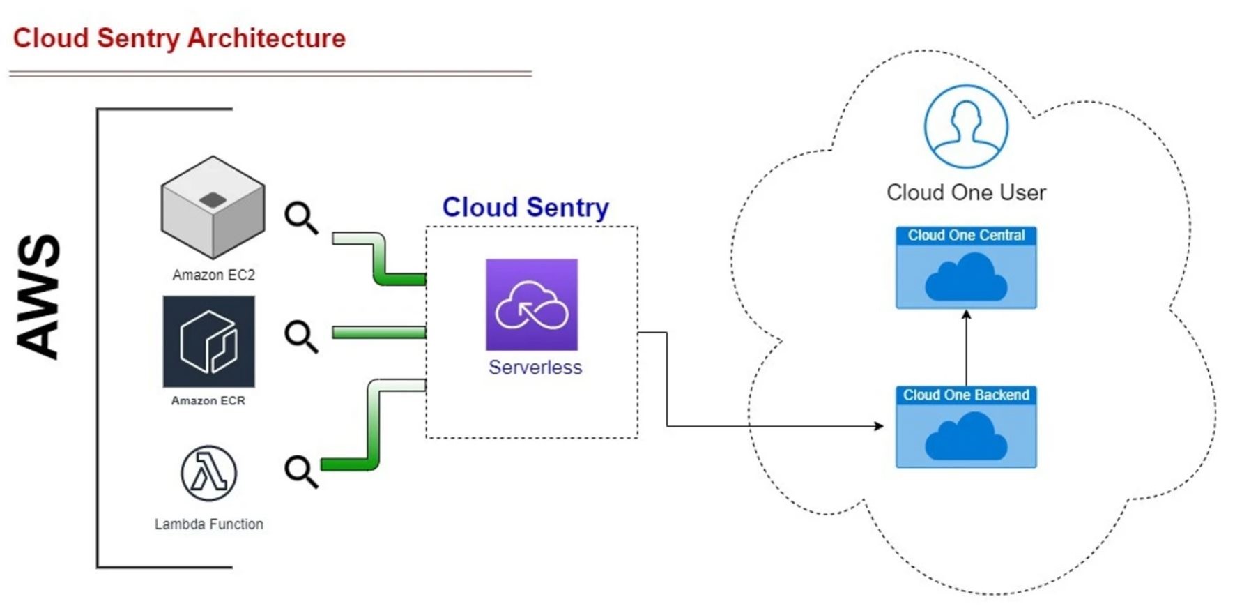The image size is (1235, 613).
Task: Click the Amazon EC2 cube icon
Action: (x=213, y=207)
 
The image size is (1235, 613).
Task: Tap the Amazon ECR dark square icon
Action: (x=208, y=341)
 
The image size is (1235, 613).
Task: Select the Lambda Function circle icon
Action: (x=208, y=474)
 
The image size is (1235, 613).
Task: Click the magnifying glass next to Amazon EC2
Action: (x=301, y=218)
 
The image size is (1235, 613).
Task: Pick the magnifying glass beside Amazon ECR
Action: (x=301, y=337)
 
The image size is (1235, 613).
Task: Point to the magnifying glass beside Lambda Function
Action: (x=301, y=471)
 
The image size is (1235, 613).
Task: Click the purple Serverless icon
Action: (x=532, y=305)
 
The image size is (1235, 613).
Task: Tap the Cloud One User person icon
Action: (x=966, y=126)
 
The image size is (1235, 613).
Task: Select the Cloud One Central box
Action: (x=966, y=267)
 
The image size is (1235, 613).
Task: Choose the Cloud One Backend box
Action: (x=966, y=427)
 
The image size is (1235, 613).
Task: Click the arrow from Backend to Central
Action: (x=966, y=347)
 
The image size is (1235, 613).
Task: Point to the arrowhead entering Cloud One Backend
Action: (x=880, y=426)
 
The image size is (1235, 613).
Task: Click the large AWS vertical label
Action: (x=39, y=297)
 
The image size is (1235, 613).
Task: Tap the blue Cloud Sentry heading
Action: (x=526, y=207)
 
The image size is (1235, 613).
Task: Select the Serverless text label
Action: (x=535, y=368)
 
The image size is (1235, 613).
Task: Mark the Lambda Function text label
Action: (x=209, y=524)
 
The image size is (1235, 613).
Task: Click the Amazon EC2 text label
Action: (x=213, y=275)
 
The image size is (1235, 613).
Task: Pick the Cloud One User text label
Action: (x=966, y=192)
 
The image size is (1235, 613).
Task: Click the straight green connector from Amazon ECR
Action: (x=378, y=333)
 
